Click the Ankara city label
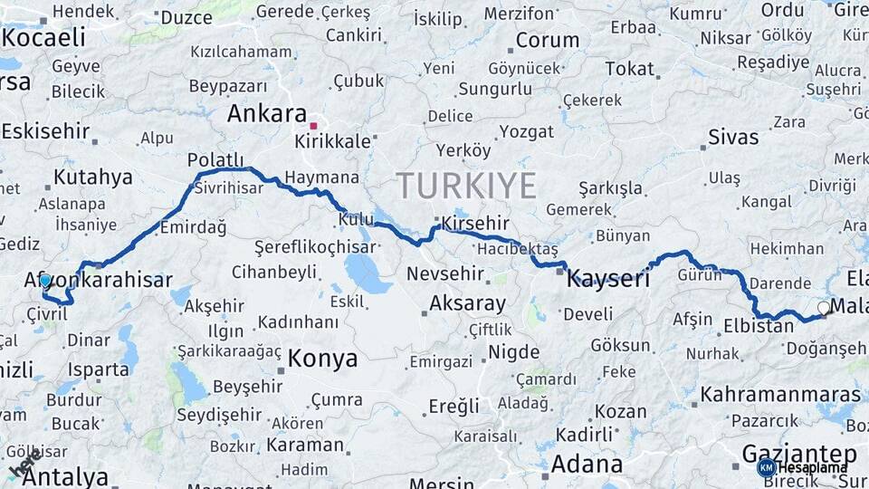266,114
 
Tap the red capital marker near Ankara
313,126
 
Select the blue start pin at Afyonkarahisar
45,282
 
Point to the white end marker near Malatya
824,308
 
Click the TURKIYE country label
466,186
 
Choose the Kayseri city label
608,279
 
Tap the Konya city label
322,360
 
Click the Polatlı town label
215,160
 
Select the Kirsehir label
470,224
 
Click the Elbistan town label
759,326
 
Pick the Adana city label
587,465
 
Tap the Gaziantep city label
798,453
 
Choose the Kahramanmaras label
780,395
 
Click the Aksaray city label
467,303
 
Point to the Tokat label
629,69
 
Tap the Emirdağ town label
193,227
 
